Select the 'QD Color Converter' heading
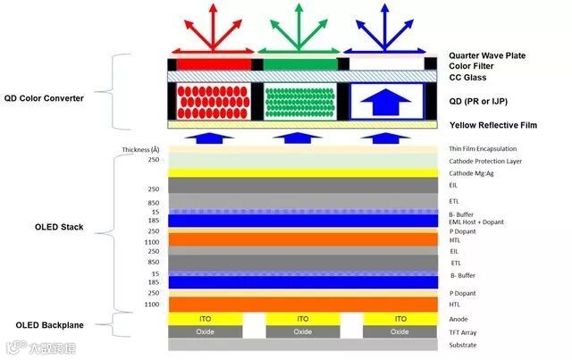point(43,98)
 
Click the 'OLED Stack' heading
point(55,227)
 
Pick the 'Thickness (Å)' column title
point(141,149)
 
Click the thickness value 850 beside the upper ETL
point(155,203)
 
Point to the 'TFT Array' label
point(464,331)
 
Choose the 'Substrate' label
point(464,345)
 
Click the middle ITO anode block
point(302,318)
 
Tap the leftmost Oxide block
point(206,331)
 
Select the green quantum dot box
point(301,102)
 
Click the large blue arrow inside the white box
point(386,102)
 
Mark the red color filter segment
point(214,64)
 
